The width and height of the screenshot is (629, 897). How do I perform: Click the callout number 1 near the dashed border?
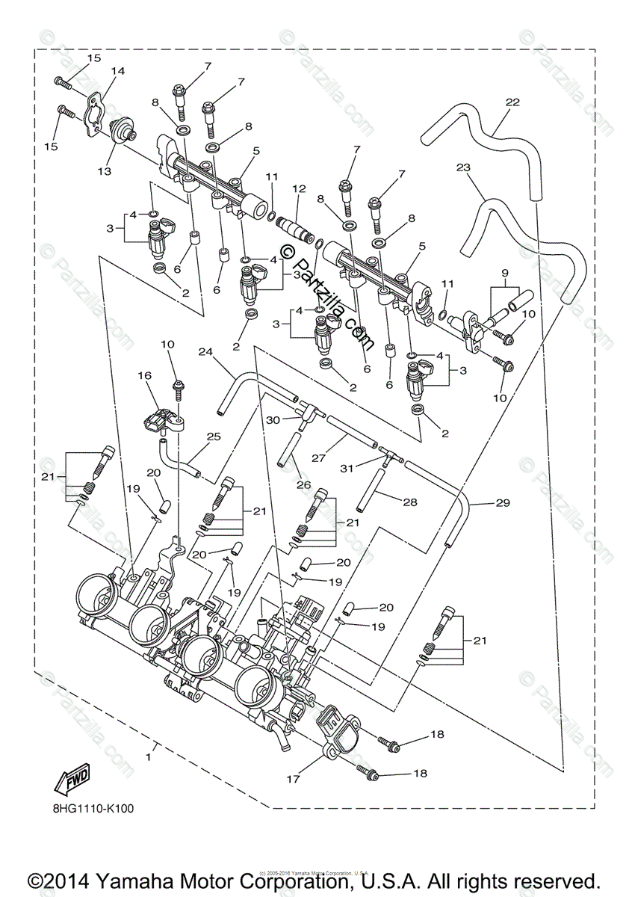click(x=148, y=756)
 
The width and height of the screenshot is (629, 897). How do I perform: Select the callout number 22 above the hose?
click(x=512, y=102)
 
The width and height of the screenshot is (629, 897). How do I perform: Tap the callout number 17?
click(x=292, y=779)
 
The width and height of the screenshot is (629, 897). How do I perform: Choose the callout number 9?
click(x=505, y=272)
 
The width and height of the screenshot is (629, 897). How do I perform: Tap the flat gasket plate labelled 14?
click(x=93, y=113)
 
